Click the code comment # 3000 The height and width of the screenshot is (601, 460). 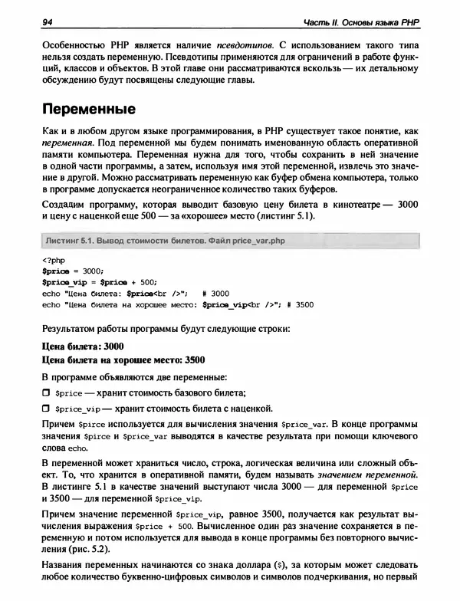[219, 292]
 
